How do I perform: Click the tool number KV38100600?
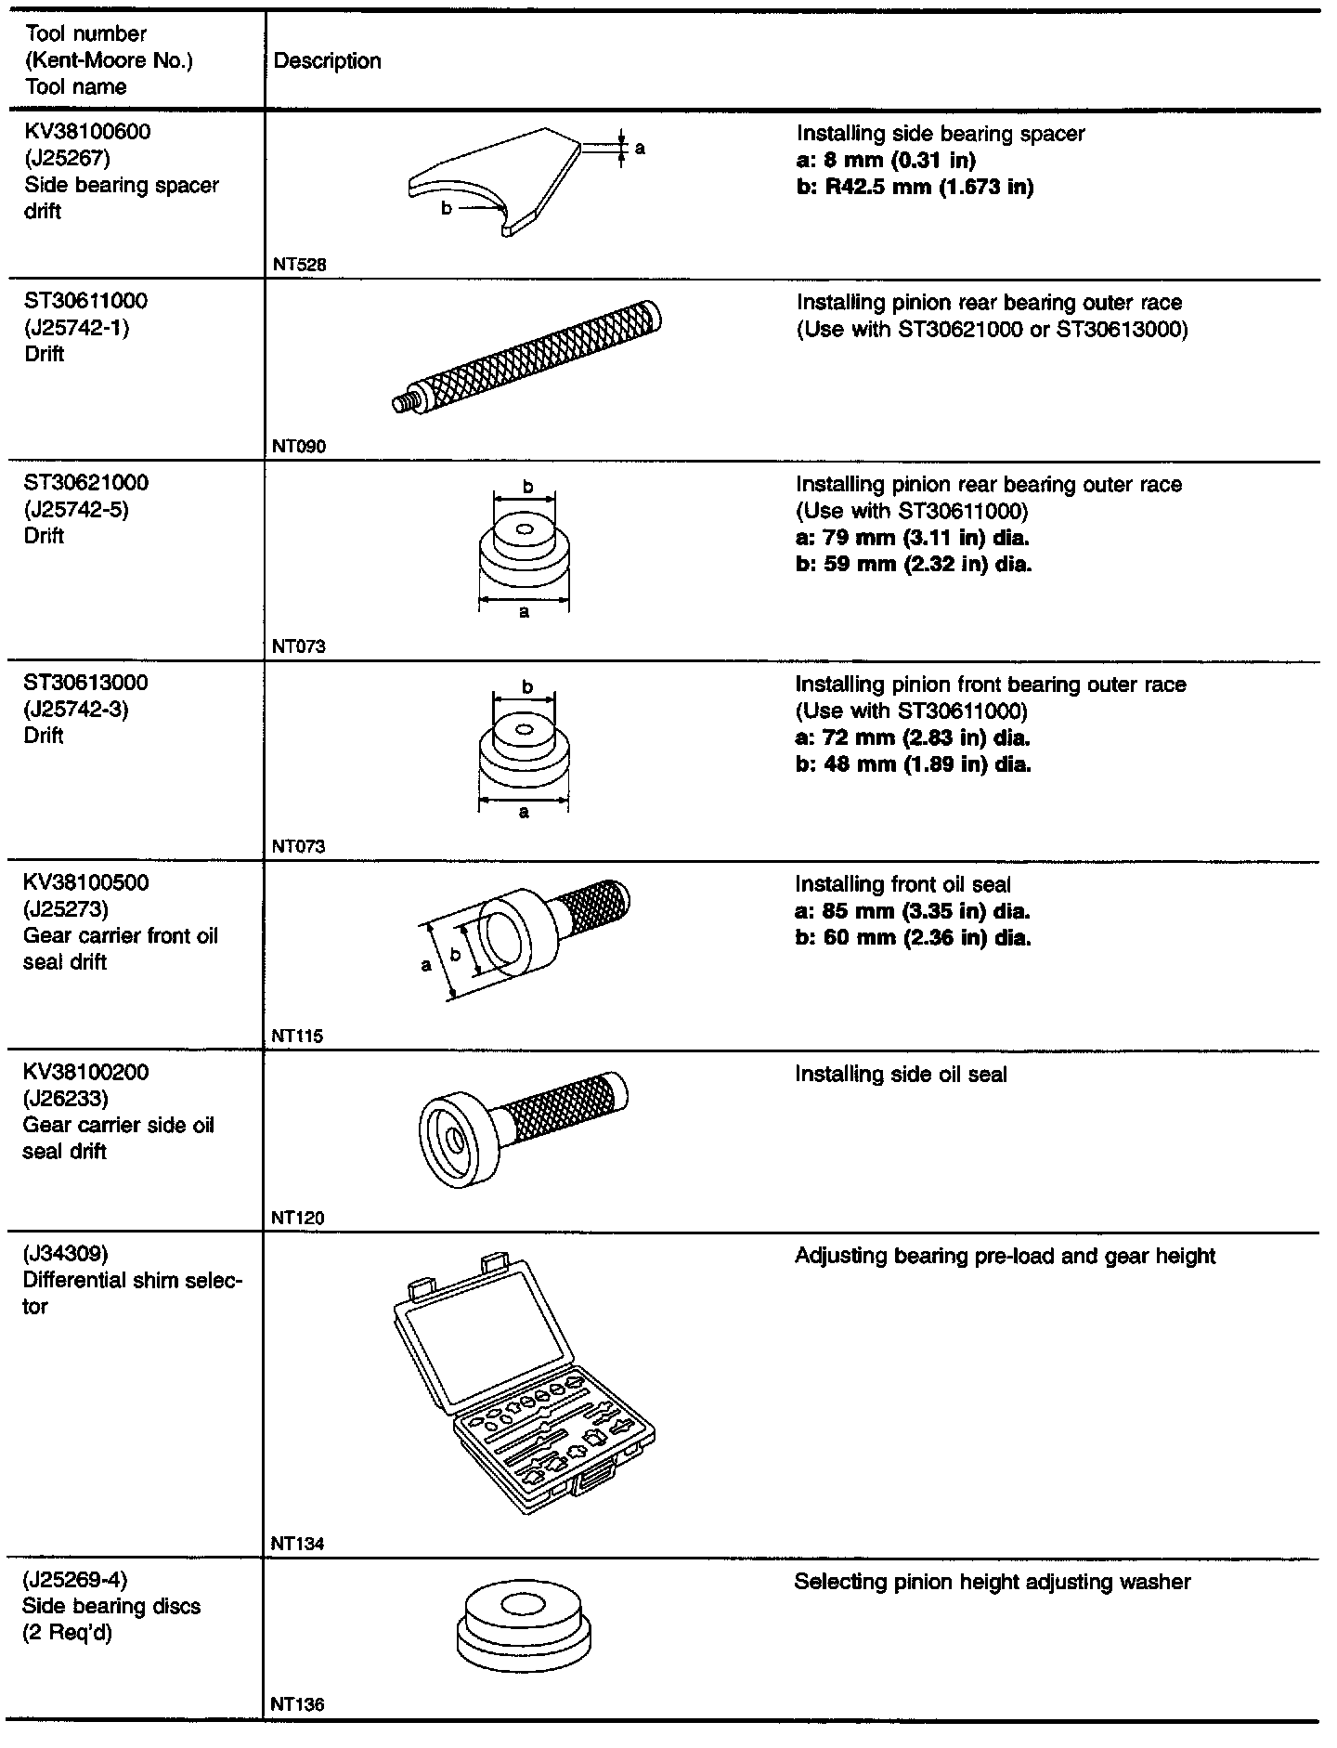pos(87,132)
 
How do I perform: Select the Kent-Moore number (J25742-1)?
pos(78,328)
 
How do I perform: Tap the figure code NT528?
pos(299,265)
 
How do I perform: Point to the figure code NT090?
pos(299,447)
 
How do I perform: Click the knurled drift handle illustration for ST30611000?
pos(526,357)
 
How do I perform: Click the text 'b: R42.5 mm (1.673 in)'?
pos(915,188)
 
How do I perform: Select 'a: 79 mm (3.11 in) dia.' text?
pos(913,538)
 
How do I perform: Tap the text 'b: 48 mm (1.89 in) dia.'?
pos(913,764)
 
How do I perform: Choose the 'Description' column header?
pos(328,61)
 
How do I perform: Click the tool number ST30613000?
pos(85,683)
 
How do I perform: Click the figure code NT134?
pos(298,1545)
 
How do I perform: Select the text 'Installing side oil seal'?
pos(901,1075)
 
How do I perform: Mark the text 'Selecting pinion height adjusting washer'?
pos(992,1582)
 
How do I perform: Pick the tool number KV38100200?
pos(85,1073)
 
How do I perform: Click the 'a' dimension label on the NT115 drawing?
pos(426,966)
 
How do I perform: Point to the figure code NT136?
pos(298,1705)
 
